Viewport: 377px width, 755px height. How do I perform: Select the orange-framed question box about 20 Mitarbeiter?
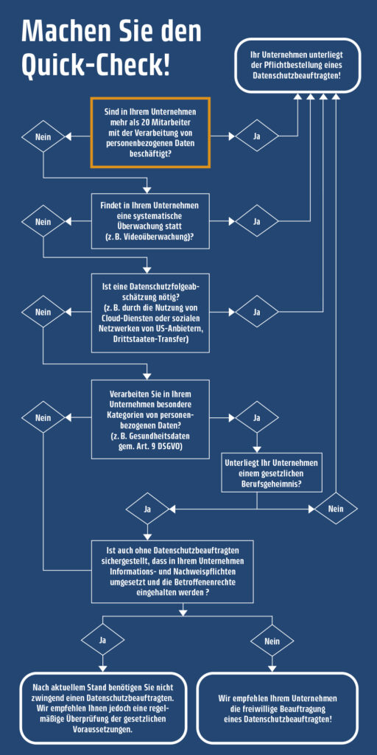[150, 133]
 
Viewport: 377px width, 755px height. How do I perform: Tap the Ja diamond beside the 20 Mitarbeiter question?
[257, 136]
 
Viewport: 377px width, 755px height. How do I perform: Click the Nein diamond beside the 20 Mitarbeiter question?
[43, 136]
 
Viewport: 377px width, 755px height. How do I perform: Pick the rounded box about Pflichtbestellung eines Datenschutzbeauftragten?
[298, 66]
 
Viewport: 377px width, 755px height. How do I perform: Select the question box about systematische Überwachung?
[150, 221]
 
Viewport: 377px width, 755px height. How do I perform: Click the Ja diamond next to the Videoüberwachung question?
[257, 221]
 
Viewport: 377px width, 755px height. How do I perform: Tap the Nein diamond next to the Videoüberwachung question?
[43, 221]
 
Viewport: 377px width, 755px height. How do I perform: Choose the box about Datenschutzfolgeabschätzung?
[150, 313]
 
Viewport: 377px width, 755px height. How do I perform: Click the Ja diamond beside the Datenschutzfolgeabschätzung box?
[257, 312]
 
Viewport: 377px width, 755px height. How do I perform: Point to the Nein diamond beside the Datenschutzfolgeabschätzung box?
[43, 312]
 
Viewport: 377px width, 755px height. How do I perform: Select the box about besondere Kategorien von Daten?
[150, 419]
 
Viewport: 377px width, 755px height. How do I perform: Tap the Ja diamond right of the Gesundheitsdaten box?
[257, 417]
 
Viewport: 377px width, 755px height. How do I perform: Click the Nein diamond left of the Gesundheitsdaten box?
[43, 417]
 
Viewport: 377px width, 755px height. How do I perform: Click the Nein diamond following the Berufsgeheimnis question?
[336, 508]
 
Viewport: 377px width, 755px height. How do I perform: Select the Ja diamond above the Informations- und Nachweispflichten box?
[147, 508]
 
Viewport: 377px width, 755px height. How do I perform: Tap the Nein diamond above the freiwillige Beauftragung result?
[272, 641]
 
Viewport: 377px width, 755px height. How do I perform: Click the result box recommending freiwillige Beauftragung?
[278, 708]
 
